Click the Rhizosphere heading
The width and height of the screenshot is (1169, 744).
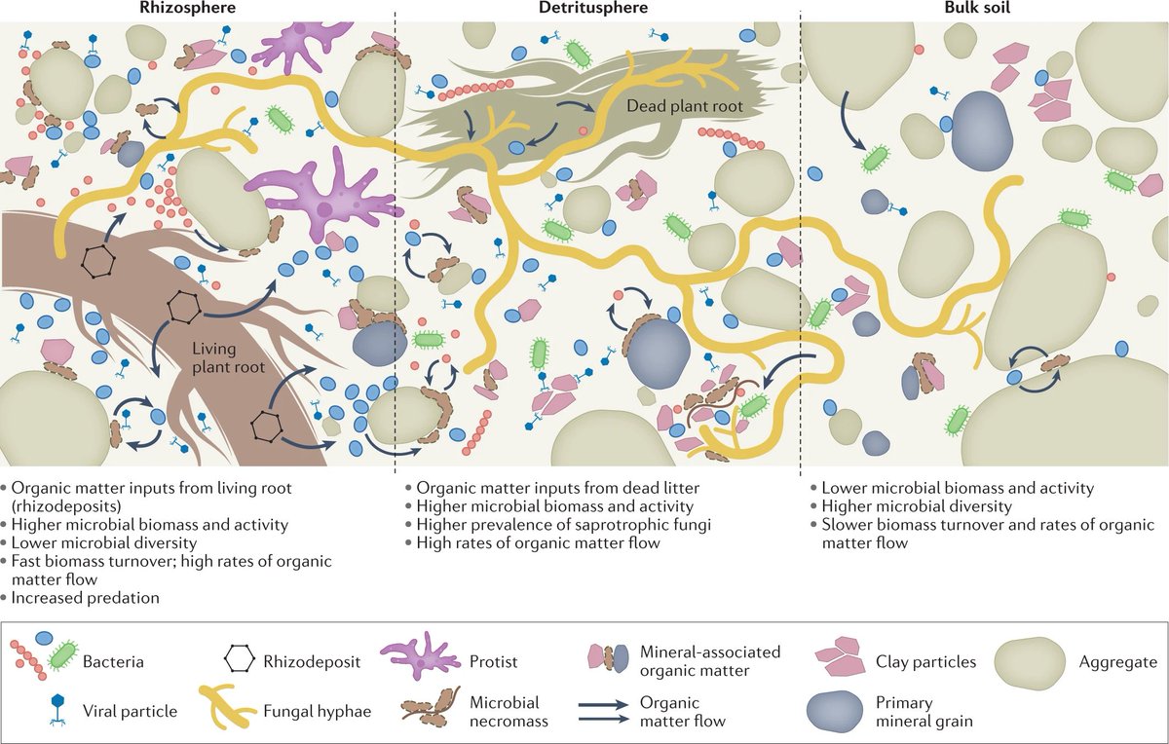point(187,8)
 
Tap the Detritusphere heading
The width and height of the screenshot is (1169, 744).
point(593,8)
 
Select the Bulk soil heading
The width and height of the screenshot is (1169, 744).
point(977,8)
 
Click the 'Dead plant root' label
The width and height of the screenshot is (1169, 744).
point(685,106)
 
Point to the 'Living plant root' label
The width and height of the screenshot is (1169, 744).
point(229,357)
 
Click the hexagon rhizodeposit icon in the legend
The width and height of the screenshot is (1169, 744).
point(240,658)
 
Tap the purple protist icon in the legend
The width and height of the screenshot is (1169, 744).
point(420,655)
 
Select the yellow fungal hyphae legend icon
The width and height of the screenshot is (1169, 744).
point(227,707)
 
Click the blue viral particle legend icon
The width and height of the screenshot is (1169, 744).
point(57,710)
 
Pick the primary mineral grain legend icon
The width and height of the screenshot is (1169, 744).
point(835,712)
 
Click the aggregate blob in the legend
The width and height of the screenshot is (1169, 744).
point(1029,663)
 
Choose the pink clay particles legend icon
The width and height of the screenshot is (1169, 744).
point(839,656)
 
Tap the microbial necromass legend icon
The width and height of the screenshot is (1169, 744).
point(431,706)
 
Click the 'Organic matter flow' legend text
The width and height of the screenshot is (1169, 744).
point(683,712)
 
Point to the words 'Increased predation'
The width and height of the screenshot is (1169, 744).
point(85,597)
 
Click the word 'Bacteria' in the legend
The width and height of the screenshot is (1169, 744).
point(113,661)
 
